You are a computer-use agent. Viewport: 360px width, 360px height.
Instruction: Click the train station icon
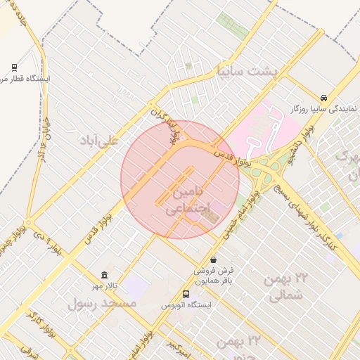pyautogui.click(x=14, y=67)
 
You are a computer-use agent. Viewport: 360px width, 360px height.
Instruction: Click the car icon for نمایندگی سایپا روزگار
pyautogui.click(x=323, y=98)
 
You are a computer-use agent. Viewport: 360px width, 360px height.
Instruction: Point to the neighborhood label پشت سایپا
pyautogui.click(x=247, y=72)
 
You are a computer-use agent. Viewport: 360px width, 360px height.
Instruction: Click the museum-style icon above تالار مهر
pyautogui.click(x=105, y=274)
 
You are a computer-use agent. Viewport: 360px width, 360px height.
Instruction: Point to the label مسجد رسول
pyautogui.click(x=101, y=303)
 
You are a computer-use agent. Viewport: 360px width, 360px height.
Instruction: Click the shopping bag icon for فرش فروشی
pyautogui.click(x=213, y=259)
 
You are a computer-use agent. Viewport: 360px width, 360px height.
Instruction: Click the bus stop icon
pyautogui.click(x=186, y=294)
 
